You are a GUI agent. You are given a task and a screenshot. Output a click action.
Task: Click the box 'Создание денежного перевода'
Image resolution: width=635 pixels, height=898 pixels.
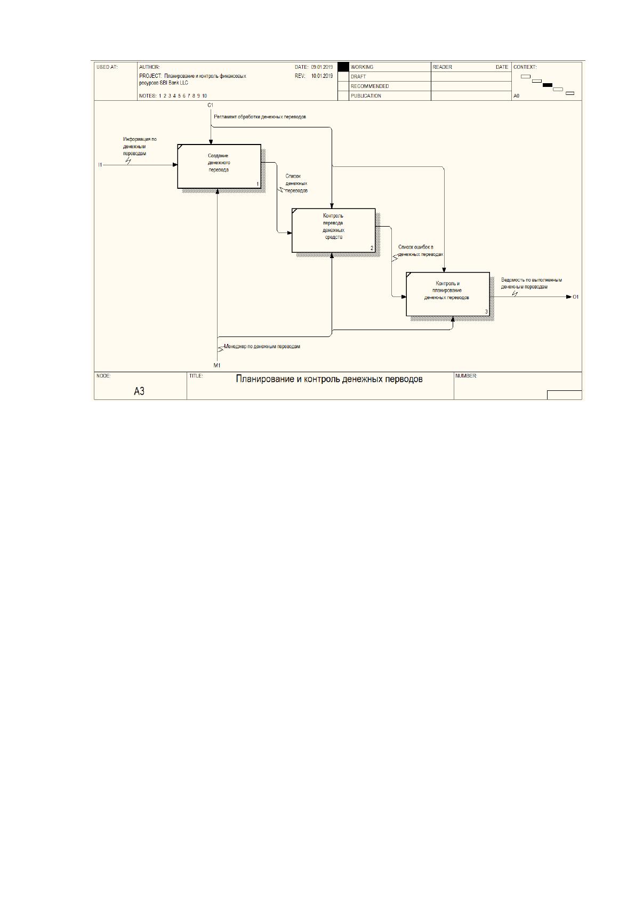click(x=219, y=166)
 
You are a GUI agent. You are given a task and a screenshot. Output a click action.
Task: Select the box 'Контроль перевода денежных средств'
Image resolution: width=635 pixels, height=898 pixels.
click(x=334, y=230)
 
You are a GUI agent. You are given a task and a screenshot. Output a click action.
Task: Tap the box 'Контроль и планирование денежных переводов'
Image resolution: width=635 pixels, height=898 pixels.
click(x=448, y=294)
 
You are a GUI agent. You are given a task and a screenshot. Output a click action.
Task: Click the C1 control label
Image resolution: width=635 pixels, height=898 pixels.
click(x=211, y=105)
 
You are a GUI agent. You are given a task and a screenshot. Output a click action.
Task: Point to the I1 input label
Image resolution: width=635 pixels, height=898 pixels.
click(x=100, y=165)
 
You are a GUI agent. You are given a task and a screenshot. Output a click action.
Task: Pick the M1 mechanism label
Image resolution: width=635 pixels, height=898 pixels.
click(x=217, y=365)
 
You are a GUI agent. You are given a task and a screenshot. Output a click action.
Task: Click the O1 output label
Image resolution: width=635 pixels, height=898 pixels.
click(x=576, y=296)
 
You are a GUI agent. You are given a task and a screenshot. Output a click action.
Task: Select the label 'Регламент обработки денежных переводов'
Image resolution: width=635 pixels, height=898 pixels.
click(x=260, y=117)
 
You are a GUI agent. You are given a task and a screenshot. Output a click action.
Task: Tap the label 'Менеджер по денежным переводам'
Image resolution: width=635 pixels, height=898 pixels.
click(x=262, y=347)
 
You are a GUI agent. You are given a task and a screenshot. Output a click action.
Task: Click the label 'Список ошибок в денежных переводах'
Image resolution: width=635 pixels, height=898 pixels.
click(x=421, y=251)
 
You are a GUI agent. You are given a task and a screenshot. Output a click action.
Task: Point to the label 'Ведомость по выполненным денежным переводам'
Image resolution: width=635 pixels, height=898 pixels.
click(x=531, y=284)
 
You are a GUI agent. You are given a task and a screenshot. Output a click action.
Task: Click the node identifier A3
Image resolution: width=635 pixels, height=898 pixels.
click(x=139, y=391)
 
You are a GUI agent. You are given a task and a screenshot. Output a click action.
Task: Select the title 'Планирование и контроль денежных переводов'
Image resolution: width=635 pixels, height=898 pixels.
click(x=329, y=379)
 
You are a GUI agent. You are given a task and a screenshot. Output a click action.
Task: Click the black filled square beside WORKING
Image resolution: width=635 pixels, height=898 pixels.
click(x=343, y=67)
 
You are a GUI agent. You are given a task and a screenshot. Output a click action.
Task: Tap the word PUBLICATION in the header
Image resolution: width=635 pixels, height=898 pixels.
click(x=366, y=96)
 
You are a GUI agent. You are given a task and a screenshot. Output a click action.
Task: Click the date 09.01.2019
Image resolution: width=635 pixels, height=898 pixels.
click(x=322, y=67)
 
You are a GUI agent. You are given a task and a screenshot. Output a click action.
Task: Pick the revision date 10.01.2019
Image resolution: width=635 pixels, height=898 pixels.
click(x=322, y=76)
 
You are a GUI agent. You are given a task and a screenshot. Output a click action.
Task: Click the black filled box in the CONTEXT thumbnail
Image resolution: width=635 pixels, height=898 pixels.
click(x=548, y=85)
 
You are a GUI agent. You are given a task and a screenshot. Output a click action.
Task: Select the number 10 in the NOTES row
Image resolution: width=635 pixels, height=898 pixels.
click(x=204, y=96)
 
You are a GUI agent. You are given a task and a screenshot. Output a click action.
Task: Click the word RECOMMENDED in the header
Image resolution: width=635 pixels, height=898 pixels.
click(x=369, y=86)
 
